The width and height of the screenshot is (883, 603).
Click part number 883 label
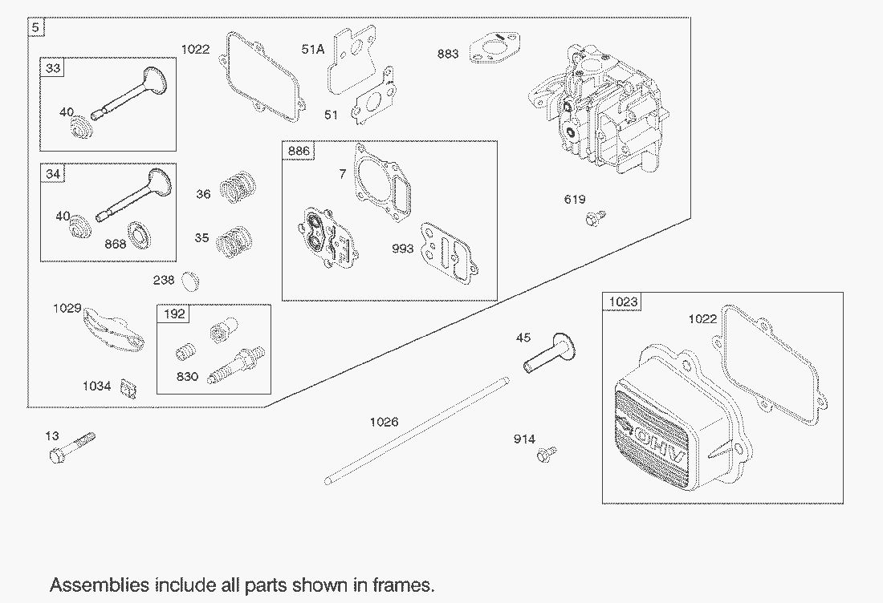[448, 54]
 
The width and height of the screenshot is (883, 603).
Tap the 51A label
[312, 50]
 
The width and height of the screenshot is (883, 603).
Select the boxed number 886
[299, 151]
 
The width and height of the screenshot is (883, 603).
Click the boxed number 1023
[623, 302]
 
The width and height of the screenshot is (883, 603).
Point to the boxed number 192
[174, 314]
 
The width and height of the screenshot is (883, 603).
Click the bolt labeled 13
[72, 447]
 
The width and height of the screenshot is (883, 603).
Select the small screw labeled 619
[596, 218]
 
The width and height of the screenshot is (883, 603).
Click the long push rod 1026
[417, 431]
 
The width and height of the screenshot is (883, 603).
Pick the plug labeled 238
[192, 281]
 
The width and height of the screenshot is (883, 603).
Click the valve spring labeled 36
[238, 188]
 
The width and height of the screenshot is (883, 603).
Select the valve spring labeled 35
[234, 242]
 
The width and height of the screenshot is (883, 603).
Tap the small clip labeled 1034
[129, 388]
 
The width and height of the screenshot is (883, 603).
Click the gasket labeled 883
[495, 48]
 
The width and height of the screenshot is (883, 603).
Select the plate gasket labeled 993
[448, 253]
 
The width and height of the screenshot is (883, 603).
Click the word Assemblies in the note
[100, 585]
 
